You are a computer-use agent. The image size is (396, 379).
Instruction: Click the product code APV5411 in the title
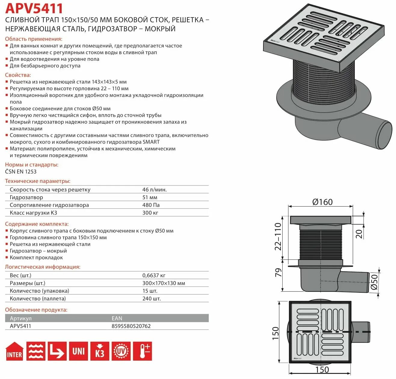click(x=34, y=8)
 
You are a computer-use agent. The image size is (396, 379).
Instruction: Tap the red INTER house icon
click(x=14, y=351)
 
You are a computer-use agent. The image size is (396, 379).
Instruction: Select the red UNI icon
click(x=78, y=351)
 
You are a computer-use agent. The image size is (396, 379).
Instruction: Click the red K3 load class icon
click(x=100, y=351)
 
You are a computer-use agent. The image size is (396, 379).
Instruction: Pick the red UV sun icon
click(x=121, y=351)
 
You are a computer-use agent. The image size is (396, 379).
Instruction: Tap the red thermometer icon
click(x=143, y=351)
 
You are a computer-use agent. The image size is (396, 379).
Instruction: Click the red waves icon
click(x=36, y=351)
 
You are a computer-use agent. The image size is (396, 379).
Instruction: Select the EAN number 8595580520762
click(x=131, y=326)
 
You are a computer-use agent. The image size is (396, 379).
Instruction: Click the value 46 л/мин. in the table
click(x=155, y=189)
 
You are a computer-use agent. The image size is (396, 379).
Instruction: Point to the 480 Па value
click(x=151, y=205)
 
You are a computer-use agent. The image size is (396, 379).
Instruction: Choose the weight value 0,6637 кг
click(x=154, y=275)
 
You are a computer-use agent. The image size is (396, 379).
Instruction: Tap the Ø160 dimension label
click(x=322, y=202)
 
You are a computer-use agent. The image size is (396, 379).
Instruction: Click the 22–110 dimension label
click(x=278, y=236)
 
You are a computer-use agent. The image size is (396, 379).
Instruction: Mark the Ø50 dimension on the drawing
click(x=374, y=282)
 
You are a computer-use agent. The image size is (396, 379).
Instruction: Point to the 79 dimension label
click(x=278, y=272)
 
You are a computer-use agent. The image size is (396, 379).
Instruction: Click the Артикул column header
click(x=20, y=318)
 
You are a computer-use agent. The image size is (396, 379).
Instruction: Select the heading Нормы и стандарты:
click(x=32, y=165)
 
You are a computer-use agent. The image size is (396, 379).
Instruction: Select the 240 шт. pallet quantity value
click(x=152, y=299)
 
